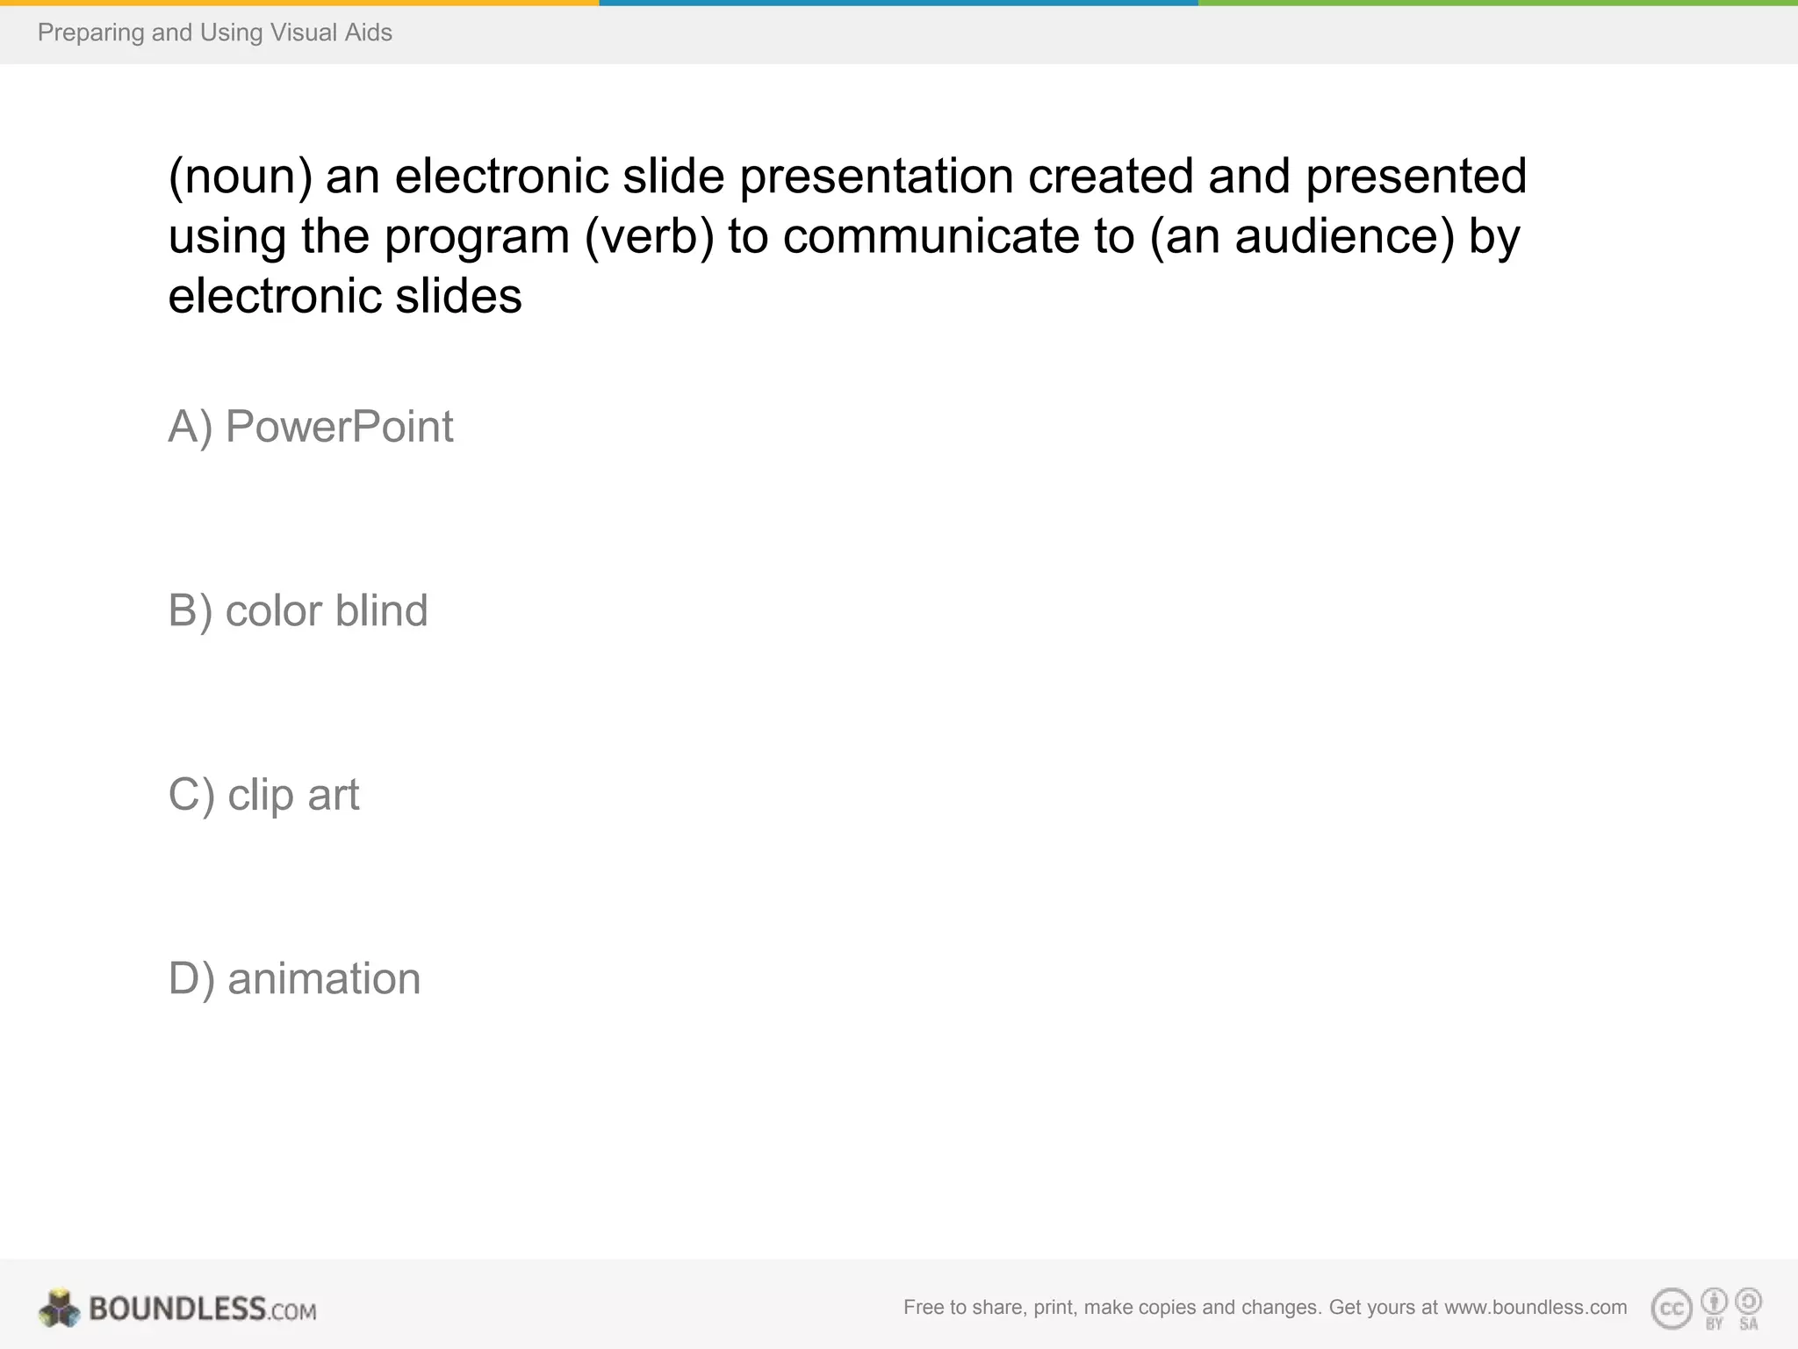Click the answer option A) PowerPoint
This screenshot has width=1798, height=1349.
point(311,428)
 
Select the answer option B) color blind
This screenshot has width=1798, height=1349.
point(298,611)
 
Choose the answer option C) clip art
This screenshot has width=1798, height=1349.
point(263,796)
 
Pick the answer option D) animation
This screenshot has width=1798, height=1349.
point(294,979)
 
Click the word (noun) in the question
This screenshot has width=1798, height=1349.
point(240,177)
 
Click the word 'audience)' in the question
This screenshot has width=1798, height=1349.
point(1344,237)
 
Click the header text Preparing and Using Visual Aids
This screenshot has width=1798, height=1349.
point(215,33)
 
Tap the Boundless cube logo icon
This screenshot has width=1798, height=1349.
point(59,1309)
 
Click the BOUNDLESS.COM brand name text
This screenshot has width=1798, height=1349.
point(202,1309)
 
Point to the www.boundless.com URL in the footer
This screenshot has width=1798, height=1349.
point(1535,1308)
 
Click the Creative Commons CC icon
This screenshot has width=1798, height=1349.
point(1672,1309)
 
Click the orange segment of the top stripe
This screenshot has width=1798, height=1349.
point(299,3)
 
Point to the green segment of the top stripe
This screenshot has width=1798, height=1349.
point(1498,3)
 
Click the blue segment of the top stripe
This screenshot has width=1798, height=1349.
point(899,3)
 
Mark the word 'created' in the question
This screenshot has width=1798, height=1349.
point(1111,177)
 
